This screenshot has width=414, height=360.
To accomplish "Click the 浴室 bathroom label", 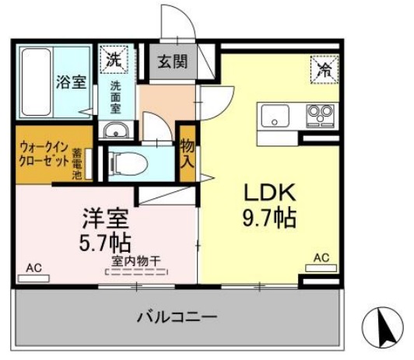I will (x=71, y=82).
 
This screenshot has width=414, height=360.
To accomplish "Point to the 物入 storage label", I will (x=187, y=153).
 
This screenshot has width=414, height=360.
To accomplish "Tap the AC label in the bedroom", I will (x=33, y=267).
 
